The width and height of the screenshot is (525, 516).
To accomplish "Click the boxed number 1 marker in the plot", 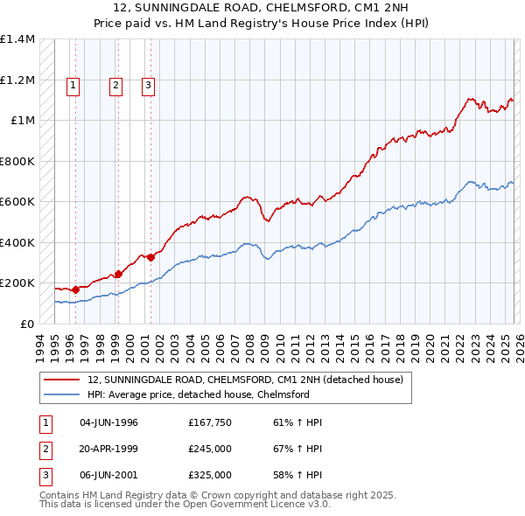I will (x=72, y=85).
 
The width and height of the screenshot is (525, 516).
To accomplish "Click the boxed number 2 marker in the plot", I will (x=115, y=85).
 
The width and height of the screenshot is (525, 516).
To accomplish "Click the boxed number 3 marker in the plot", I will (x=148, y=85).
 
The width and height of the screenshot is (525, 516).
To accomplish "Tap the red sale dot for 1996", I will (x=75, y=289).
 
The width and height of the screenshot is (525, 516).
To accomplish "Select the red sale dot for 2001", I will (x=150, y=257).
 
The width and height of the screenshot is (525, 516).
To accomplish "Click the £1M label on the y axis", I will (x=23, y=121).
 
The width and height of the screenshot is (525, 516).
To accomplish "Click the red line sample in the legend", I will (x=62, y=380).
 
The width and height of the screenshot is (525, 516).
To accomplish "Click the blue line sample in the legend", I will (x=62, y=395).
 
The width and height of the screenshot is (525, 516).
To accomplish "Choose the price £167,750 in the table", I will (x=210, y=422).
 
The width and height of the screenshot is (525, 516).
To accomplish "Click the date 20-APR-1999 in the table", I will (x=108, y=449).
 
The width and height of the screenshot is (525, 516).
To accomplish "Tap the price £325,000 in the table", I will (x=210, y=475).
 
